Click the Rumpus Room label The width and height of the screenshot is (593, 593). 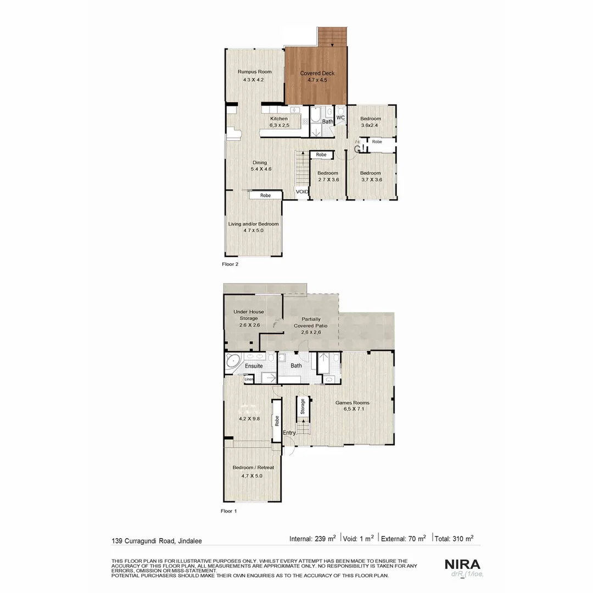coord(254,72)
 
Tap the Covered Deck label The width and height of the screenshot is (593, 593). coord(317,74)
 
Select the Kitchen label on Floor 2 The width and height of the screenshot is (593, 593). coord(278,119)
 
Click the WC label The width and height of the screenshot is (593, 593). coord(340,118)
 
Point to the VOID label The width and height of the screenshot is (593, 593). coord(302,192)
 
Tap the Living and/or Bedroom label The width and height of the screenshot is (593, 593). coord(253,224)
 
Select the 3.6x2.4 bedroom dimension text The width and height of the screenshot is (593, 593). coord(371,125)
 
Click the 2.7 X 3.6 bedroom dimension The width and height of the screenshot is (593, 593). coord(328,180)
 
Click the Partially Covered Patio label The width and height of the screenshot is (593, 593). coord(311,322)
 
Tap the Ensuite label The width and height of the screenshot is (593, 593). coord(254,366)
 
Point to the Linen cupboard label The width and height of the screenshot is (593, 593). coord(249,379)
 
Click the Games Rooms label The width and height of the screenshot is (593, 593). coord(353,402)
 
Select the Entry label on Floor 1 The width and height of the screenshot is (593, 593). coord(289,433)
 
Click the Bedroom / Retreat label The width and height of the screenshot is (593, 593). coord(253,467)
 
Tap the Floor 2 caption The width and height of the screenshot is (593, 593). coord(230,264)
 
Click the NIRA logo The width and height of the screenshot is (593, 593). coord(462,564)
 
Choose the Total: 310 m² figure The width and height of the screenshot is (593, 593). coord(454,539)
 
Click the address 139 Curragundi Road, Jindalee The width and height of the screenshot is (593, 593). coord(156,541)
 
